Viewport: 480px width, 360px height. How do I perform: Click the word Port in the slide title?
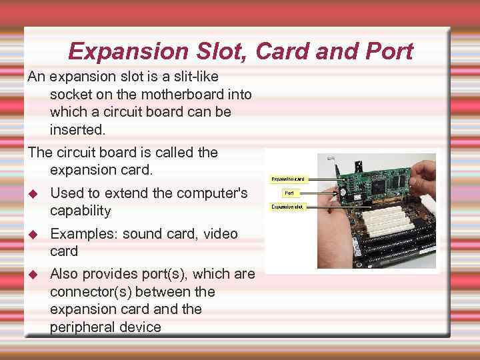[387, 51]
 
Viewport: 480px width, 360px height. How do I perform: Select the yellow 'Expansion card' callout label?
[289, 179]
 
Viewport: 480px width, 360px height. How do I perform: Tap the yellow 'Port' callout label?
[289, 193]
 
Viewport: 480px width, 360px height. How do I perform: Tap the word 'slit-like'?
[187, 77]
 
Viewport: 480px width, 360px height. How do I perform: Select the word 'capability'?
[80, 211]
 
